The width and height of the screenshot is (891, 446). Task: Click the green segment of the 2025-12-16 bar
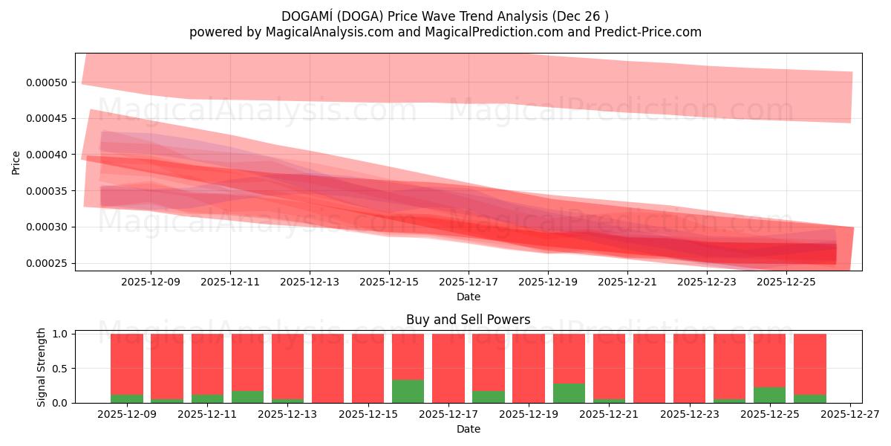[x=408, y=392]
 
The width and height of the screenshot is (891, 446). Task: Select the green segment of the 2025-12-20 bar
[x=569, y=393]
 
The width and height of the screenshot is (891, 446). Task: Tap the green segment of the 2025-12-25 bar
[x=769, y=395]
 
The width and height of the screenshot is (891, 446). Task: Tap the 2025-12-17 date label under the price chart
[x=468, y=282]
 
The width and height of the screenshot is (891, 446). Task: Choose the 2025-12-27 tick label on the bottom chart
[x=850, y=415]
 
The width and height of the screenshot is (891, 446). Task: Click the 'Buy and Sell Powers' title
[x=468, y=320]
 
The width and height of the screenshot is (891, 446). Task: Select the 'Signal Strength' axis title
[x=42, y=367]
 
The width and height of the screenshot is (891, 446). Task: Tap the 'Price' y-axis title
[x=16, y=162]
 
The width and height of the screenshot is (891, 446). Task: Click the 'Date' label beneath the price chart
[x=468, y=297]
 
